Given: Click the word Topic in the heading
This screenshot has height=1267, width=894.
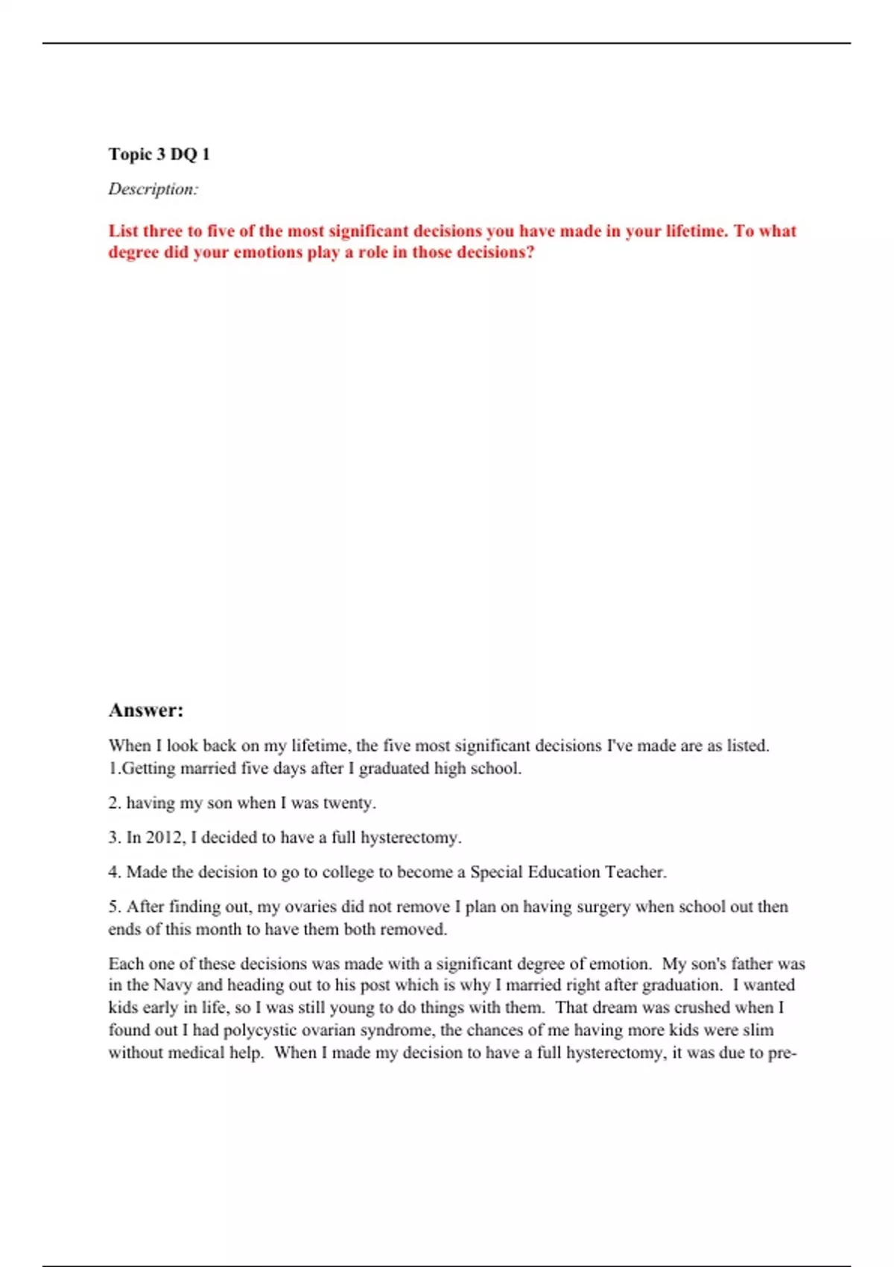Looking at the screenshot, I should click(130, 155).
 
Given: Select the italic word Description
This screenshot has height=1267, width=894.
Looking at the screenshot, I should click(152, 189).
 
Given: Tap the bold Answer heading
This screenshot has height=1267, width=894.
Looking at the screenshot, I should click(146, 710).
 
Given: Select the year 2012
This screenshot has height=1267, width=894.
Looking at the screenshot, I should click(163, 838).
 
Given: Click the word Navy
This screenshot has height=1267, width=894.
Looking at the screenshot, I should click(173, 985).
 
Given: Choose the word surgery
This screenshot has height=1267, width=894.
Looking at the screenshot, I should click(603, 907).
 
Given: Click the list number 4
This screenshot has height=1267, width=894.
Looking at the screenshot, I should click(114, 872).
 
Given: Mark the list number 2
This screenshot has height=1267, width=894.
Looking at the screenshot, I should click(114, 803).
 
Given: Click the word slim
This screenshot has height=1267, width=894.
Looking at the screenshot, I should click(758, 1031).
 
